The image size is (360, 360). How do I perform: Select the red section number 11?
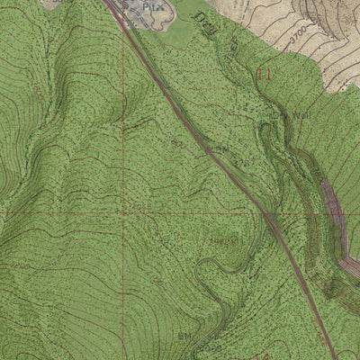pos(263,76)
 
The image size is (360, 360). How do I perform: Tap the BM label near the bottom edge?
pos(184,335)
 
